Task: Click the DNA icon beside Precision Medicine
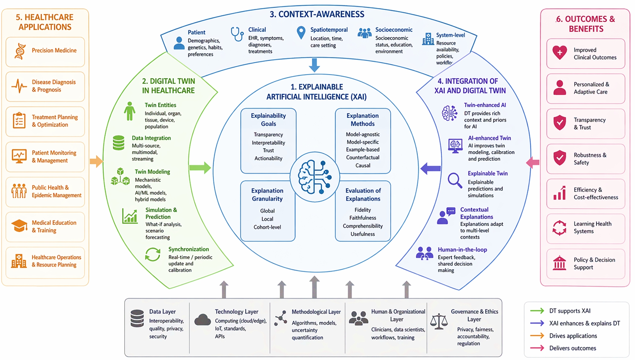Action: point(20,51)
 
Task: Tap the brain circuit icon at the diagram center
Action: point(314,177)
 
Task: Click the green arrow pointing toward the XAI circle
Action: point(200,167)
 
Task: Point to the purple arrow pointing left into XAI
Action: point(430,168)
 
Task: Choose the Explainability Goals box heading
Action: point(268,120)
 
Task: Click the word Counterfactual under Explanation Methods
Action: point(363,157)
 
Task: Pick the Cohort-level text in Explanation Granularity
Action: point(267,227)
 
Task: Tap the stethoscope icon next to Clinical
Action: point(237,34)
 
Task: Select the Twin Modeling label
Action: point(152,172)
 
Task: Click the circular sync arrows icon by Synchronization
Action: point(153,254)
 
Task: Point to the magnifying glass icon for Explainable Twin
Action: point(455,181)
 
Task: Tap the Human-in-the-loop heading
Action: point(462,250)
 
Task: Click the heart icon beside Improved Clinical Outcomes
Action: point(559,52)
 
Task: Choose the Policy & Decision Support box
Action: point(586,264)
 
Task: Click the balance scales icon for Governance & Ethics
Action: point(438,322)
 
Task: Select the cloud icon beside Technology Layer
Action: point(203,320)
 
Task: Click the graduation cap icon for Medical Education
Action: point(19,226)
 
